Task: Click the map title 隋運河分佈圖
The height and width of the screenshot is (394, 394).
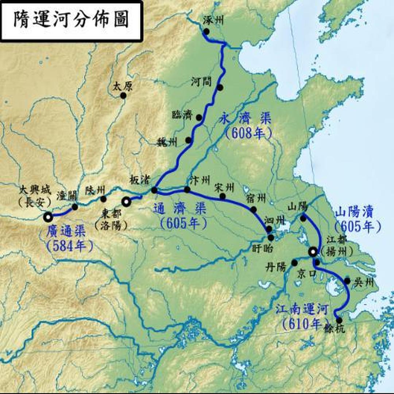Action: [72, 20]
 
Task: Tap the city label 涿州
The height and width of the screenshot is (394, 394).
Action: [213, 20]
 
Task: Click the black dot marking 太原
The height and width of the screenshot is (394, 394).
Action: [123, 95]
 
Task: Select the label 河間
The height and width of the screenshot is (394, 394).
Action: [201, 82]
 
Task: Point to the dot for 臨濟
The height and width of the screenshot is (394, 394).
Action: [199, 117]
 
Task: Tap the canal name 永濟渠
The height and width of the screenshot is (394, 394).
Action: [245, 119]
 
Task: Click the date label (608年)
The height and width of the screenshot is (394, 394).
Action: [248, 134]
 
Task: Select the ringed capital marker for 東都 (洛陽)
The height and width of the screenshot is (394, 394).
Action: [127, 202]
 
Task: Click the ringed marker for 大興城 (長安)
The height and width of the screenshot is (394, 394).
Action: [48, 217]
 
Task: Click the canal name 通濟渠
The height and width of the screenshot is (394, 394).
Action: [179, 209]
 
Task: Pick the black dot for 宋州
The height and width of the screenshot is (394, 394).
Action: [222, 196]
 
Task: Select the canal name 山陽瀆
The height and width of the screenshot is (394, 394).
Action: [356, 213]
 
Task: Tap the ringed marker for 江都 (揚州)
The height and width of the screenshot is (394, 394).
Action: [313, 252]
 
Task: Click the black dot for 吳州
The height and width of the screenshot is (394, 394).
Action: [347, 281]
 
